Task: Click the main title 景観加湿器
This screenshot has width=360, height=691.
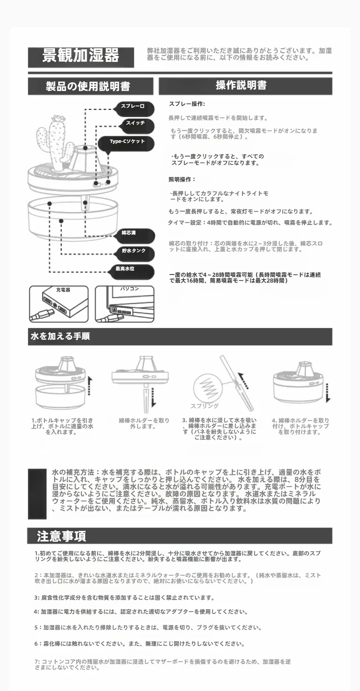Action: pyautogui.click(x=81, y=56)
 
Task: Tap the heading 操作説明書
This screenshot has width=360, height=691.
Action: pyautogui.click(x=241, y=85)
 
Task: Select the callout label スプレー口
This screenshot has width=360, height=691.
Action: pyautogui.click(x=133, y=107)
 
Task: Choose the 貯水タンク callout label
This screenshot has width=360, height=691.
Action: pyautogui.click(x=134, y=251)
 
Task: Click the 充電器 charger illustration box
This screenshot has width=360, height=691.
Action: pyautogui.click(x=59, y=304)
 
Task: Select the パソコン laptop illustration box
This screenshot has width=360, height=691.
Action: pyautogui.click(x=125, y=304)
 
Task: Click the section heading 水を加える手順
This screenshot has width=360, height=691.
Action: pyautogui.click(x=60, y=337)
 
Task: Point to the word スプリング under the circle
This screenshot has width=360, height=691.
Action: pyautogui.click(x=204, y=406)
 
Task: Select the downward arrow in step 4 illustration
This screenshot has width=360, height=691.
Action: pyautogui.click(x=328, y=393)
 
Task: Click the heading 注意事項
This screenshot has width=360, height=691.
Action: pyautogui.click(x=61, y=536)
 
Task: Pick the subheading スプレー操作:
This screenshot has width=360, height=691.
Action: pyautogui.click(x=187, y=104)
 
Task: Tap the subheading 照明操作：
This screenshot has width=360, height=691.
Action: pyautogui.click(x=182, y=179)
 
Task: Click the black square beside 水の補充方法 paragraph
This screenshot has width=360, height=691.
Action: pyautogui.click(x=37, y=494)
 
